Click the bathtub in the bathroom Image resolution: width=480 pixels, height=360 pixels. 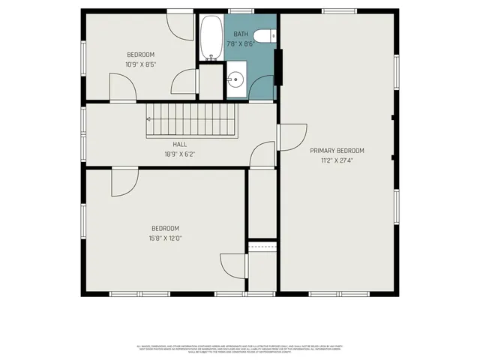[211, 37]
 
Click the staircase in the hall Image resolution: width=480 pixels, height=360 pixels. [191, 120]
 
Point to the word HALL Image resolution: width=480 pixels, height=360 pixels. [180, 145]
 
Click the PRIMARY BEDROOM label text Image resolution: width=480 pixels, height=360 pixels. [337, 150]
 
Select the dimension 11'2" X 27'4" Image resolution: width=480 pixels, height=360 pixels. [337, 160]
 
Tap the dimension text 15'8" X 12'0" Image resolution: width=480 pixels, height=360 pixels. [166, 238]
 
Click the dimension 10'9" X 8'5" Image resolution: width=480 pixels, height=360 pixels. [140, 64]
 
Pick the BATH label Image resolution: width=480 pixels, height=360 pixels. [240, 34]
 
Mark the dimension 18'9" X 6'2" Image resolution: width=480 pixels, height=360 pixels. [180, 154]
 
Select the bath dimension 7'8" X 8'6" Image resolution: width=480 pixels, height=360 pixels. [240, 43]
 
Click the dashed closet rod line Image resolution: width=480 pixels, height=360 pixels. [262, 246]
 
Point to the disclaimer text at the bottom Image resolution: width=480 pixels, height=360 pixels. [240, 348]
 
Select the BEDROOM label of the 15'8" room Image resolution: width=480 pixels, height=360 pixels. [166, 228]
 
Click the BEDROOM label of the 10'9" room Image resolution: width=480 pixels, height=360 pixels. [140, 54]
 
